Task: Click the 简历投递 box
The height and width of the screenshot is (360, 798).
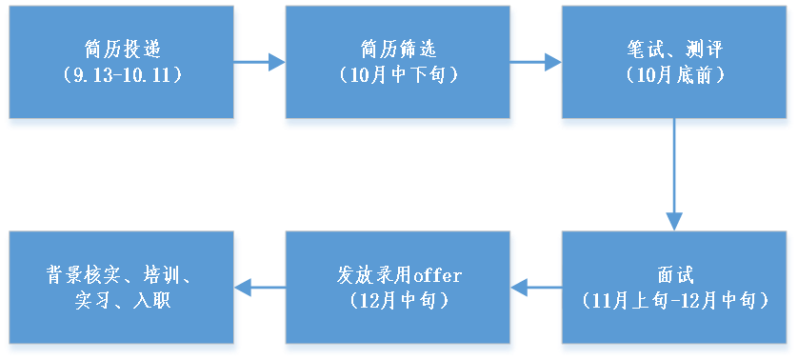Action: coord(121,67)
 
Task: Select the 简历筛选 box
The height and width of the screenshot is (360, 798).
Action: coord(399,67)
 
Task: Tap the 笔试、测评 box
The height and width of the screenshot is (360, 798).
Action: coord(675,67)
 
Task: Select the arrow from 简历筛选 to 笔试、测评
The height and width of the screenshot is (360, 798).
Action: coord(537,63)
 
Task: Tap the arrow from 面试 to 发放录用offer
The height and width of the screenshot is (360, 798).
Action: coord(537,285)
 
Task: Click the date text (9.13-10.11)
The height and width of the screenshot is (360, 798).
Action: coord(120,76)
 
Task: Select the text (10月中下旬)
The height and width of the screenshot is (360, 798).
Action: coord(399,76)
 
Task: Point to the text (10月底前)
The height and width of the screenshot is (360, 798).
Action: coord(675,76)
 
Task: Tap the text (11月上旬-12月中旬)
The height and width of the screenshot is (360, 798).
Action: coord(674,301)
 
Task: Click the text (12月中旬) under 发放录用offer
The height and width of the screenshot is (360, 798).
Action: coord(399,301)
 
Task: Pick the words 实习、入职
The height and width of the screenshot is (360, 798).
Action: coord(121,301)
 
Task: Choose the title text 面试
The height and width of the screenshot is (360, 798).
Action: coord(675,276)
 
